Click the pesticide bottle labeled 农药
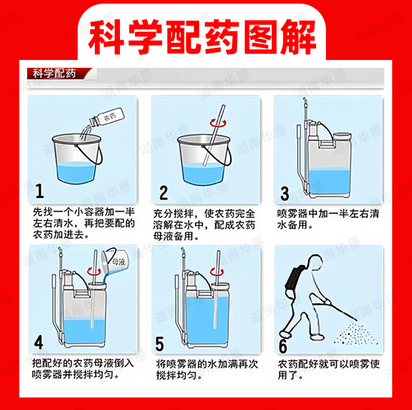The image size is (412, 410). pyautogui.click(x=106, y=117)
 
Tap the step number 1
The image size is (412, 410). pyautogui.click(x=40, y=191)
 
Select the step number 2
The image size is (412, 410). pyautogui.click(x=163, y=192)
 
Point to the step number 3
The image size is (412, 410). pyautogui.click(x=285, y=194)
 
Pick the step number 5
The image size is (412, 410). pyautogui.click(x=160, y=344)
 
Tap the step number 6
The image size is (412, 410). pyautogui.click(x=283, y=346)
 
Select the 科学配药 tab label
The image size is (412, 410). pyautogui.click(x=54, y=74)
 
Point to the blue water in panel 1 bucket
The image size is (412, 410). pyautogui.click(x=76, y=173)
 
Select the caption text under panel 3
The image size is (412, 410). pyautogui.click(x=328, y=220)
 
